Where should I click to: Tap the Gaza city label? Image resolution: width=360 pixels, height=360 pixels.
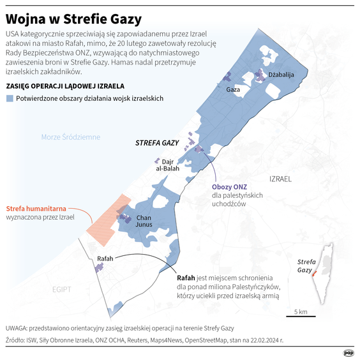pos(234,90)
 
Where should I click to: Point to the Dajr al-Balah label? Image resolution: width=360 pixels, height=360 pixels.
pos(167,165)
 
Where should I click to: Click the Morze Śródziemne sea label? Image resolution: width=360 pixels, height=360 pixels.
pos(70,137)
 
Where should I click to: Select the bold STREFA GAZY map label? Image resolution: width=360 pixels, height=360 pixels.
pos(158,144)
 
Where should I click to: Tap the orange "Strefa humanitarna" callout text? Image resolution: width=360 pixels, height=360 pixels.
pos(35,208)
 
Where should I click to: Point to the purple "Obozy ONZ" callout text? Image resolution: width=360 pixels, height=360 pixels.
pos(227,186)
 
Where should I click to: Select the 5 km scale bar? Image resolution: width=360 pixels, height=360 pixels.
pos(301,317)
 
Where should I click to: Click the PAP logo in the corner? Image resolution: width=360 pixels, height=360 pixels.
pos(349,352)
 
